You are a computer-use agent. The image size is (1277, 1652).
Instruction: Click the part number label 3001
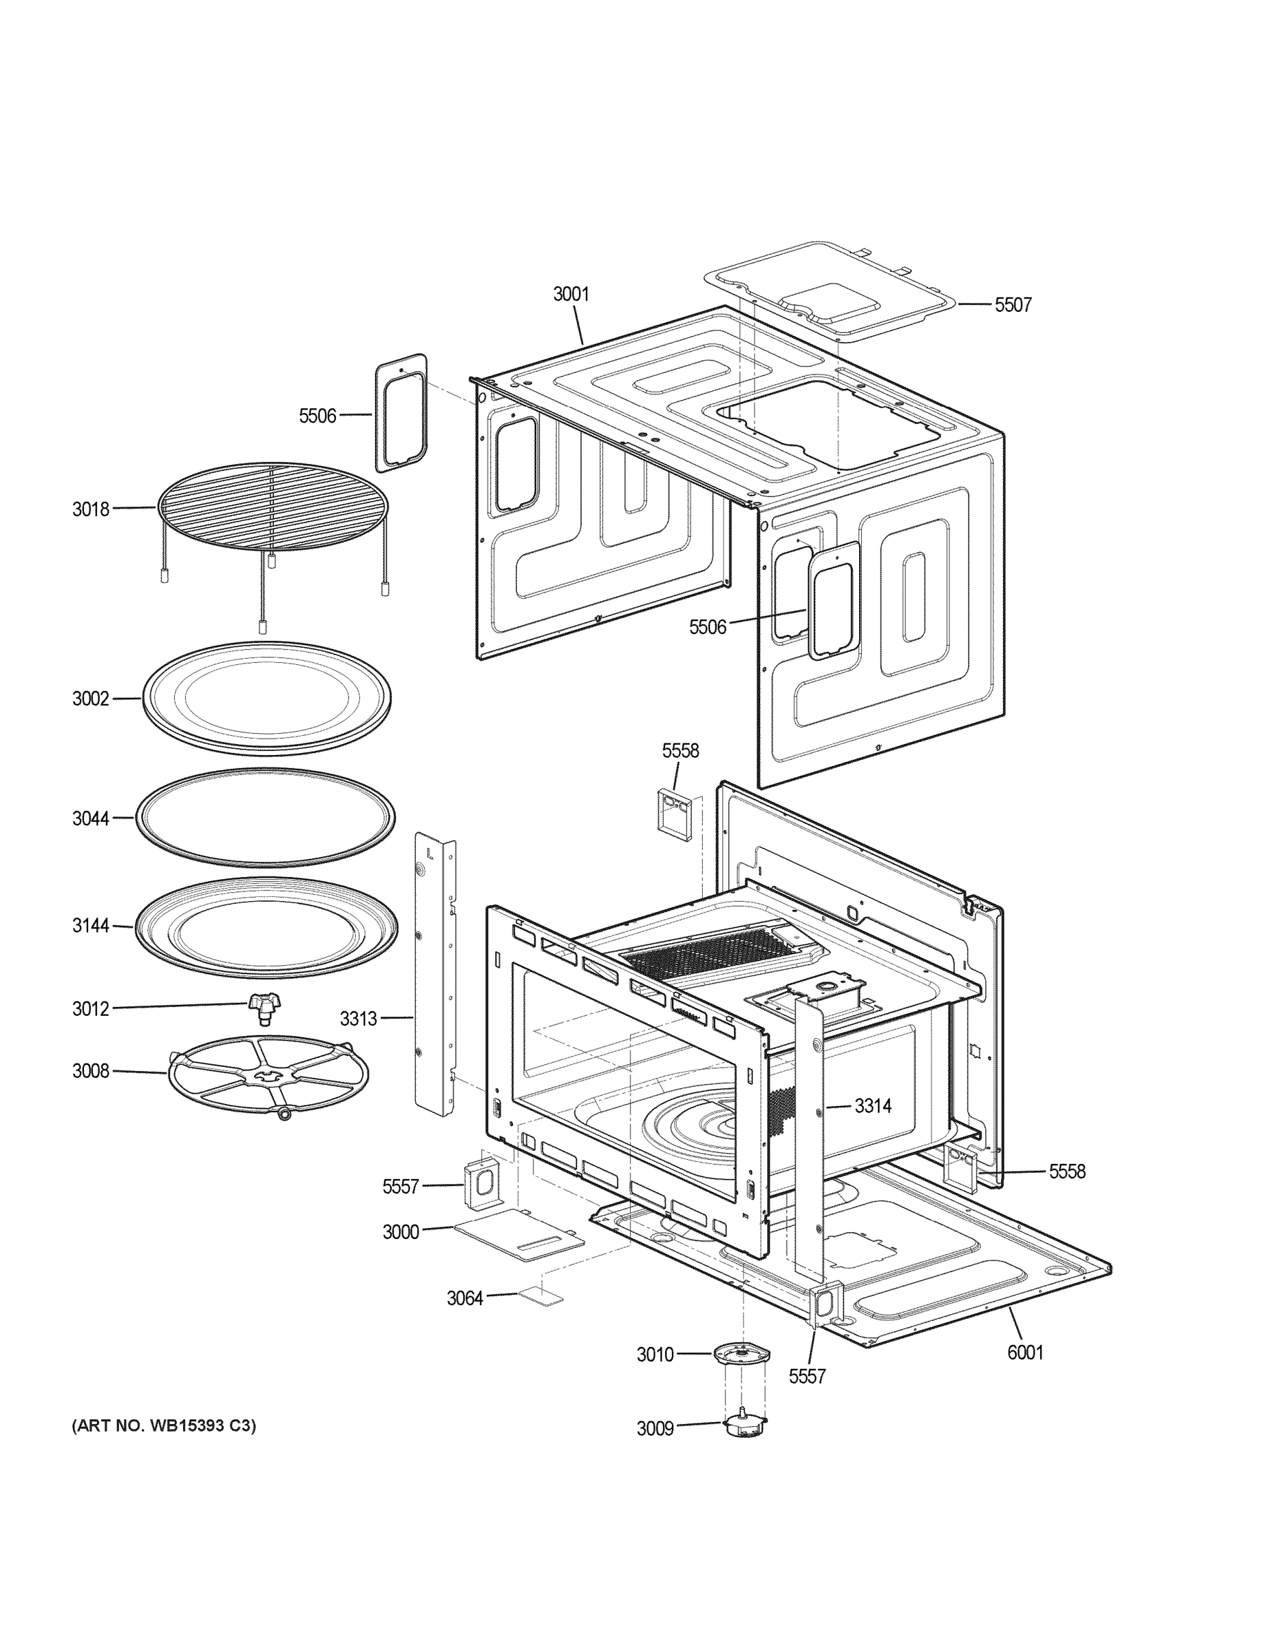(571, 294)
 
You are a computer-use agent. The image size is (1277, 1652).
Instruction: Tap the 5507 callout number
(1012, 305)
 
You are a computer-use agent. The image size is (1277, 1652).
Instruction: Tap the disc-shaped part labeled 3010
(741, 1353)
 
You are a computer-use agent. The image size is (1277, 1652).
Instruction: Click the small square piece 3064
(541, 1298)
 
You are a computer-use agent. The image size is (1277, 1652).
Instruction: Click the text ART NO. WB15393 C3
(163, 1426)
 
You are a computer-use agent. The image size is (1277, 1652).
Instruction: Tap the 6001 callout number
(1024, 1352)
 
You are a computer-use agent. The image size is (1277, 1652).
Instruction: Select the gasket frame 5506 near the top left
(401, 413)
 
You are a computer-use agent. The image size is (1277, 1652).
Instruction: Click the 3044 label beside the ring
(91, 818)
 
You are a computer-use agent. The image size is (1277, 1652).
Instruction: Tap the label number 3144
(91, 925)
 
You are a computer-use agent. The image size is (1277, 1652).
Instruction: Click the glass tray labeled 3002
(266, 697)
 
